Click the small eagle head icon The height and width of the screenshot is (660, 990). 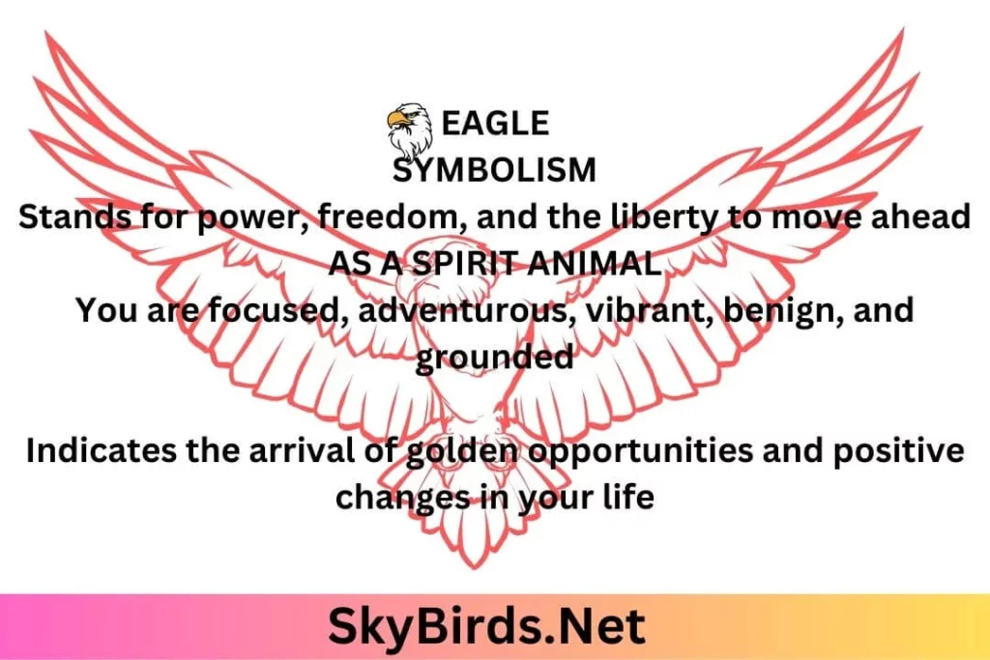(x=410, y=130)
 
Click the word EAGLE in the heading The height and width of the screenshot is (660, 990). (x=495, y=123)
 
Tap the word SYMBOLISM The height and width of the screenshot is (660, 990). (x=494, y=170)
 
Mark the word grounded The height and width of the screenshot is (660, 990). (x=494, y=358)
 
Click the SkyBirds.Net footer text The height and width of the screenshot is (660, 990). (x=487, y=626)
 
